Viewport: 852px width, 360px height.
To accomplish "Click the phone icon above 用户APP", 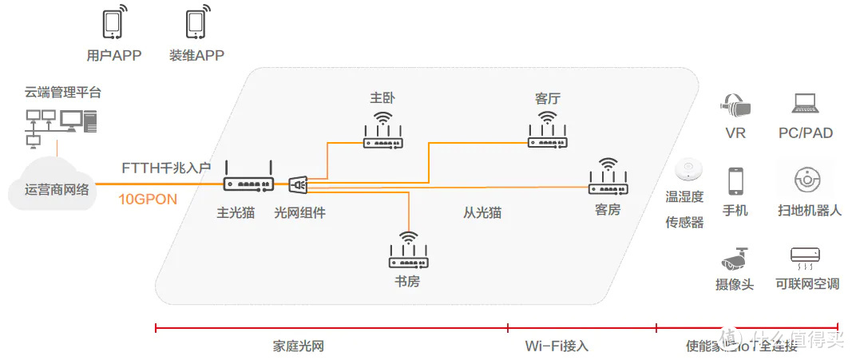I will point(113,24).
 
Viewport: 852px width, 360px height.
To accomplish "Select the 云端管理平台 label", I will point(63,93).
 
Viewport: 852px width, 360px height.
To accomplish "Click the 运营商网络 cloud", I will point(57,188).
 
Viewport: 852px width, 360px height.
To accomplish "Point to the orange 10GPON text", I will point(148,199).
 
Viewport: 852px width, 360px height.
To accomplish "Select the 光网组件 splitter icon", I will point(298,185).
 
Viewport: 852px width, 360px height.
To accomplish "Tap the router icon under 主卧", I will point(383,133).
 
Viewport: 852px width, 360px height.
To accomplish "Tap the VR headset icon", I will point(735,104).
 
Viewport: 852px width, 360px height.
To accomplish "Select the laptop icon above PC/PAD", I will point(806,104).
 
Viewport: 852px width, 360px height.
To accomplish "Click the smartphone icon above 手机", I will point(735,181).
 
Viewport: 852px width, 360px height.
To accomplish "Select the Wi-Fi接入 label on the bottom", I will point(557,346).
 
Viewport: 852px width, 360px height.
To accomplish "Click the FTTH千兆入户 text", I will point(166,168).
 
